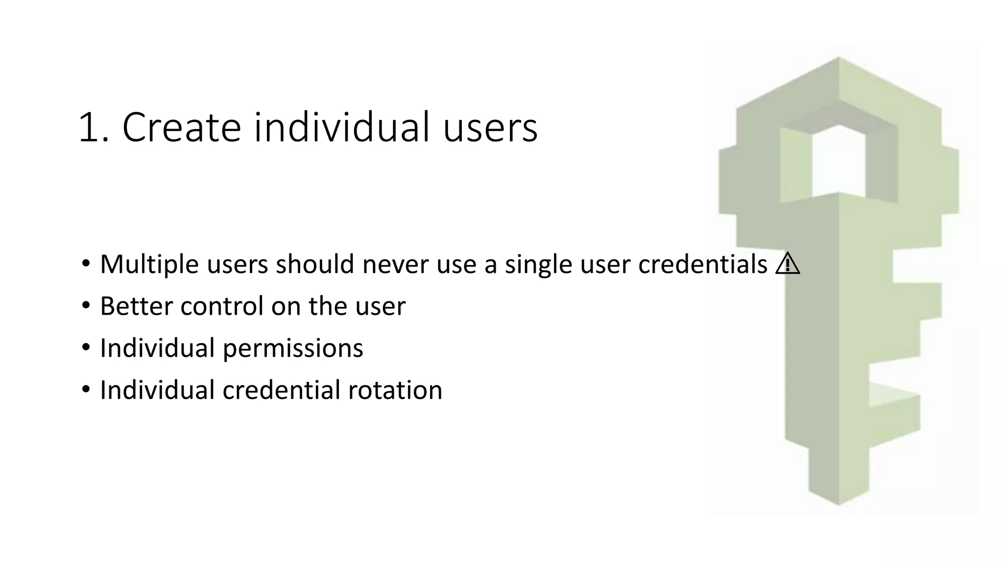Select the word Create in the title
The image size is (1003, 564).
(181, 128)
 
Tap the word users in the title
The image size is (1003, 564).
(490, 128)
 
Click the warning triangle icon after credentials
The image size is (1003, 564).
(788, 265)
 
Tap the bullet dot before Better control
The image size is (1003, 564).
(86, 306)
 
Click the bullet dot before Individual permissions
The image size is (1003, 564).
(86, 348)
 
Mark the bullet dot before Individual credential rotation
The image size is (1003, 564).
(86, 390)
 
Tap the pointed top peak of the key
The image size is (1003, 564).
(838, 59)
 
